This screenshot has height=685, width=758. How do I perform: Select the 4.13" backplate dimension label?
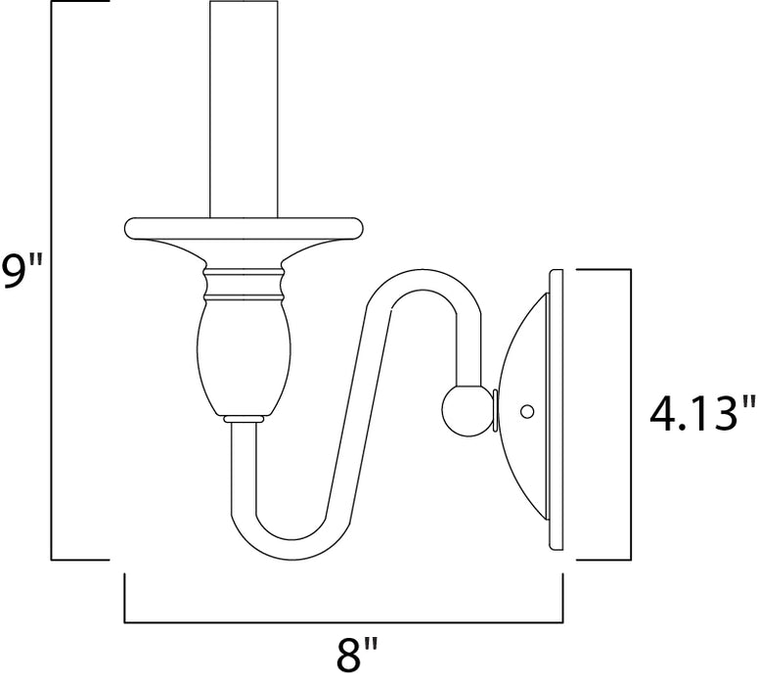coord(702,415)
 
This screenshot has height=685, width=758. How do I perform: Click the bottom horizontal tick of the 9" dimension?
coord(78,560)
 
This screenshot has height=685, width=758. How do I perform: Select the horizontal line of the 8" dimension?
coord(343,621)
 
